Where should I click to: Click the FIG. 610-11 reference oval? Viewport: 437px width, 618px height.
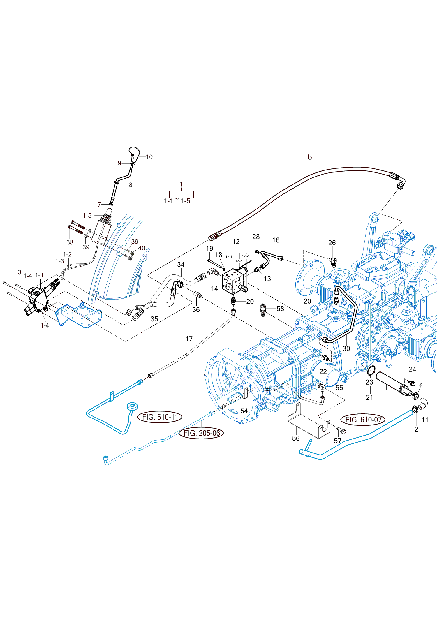160,417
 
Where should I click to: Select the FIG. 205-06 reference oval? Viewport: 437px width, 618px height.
202,433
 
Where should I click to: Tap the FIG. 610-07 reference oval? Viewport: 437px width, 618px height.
363,420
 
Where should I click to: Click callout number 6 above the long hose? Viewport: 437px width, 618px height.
310,157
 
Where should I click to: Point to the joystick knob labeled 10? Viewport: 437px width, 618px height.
134,153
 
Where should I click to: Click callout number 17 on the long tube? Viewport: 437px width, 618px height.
189,339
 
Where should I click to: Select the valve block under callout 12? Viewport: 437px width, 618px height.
233,281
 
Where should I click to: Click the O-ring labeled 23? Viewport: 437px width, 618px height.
371,371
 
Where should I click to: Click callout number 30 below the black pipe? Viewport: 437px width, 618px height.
346,348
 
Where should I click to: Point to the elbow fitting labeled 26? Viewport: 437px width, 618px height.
333,261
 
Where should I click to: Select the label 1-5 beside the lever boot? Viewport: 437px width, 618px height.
87,216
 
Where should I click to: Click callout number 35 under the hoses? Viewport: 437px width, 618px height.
154,319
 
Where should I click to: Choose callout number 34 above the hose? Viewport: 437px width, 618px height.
181,265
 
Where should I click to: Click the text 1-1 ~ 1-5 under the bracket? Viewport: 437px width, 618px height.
177,201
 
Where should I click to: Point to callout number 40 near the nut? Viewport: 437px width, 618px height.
142,248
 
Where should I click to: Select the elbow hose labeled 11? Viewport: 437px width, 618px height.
423,404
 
